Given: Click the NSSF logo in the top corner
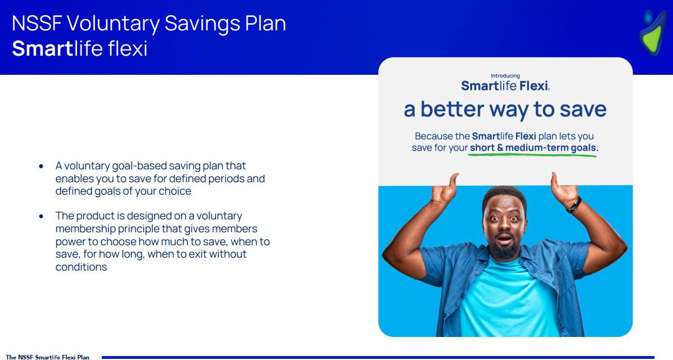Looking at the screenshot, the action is [654, 33].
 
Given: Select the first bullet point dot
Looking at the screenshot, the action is [41, 166].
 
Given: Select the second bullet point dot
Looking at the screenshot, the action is [41, 216].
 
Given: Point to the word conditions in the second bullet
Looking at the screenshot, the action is [81, 267].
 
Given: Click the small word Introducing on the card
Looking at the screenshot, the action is [505, 76].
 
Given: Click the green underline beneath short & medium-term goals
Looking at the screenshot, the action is [532, 155].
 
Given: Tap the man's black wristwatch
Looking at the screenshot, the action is [574, 205].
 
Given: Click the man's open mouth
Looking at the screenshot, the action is [504, 238].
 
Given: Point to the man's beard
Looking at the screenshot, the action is [504, 250].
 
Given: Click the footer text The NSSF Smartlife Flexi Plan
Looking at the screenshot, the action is [48, 357].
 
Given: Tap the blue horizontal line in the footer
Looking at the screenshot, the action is [378, 357].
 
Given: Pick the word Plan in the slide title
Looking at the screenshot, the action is [265, 23].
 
